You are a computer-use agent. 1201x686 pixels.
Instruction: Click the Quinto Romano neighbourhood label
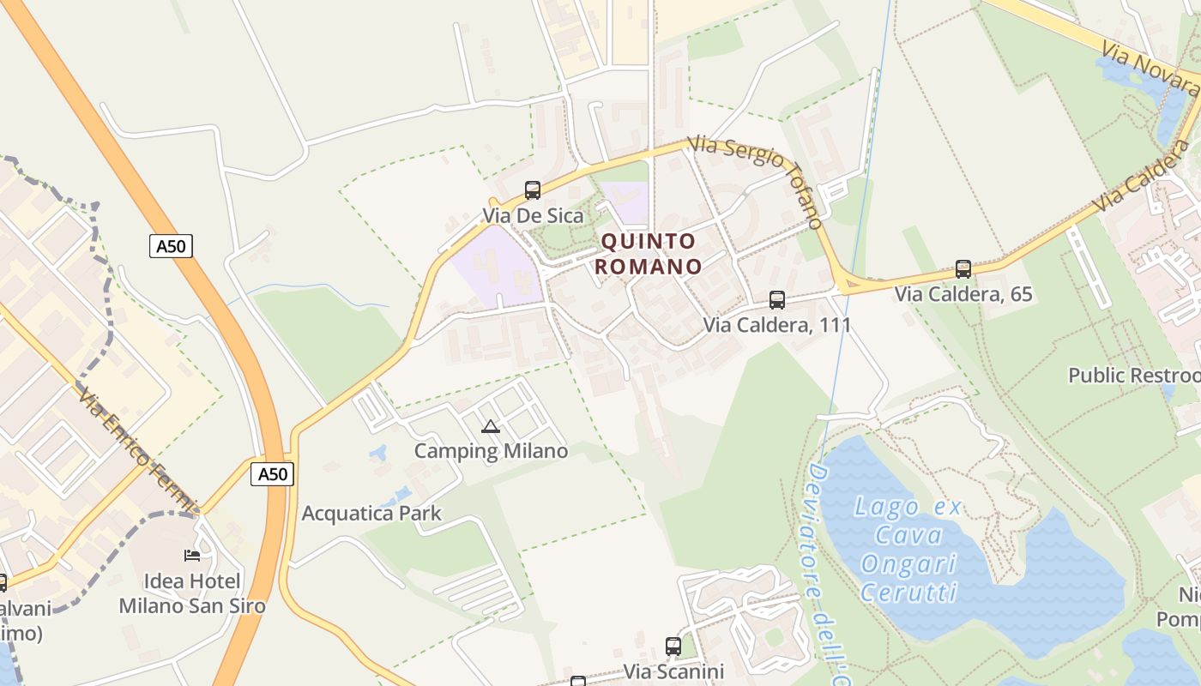tap(649, 254)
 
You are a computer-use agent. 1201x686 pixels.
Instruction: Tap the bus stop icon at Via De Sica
tap(533, 190)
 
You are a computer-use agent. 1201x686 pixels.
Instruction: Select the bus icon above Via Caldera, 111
tap(777, 300)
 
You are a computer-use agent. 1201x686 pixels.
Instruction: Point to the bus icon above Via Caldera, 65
tap(963, 269)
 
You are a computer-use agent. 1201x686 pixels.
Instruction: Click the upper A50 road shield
tap(171, 247)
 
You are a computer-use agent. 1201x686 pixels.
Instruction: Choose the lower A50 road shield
tap(273, 474)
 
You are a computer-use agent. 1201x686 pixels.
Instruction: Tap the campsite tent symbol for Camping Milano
tap(491, 426)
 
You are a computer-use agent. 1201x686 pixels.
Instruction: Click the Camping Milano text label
tap(491, 451)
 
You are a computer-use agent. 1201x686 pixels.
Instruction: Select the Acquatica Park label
tap(371, 514)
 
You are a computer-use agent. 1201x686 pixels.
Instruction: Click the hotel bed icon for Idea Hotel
tap(192, 556)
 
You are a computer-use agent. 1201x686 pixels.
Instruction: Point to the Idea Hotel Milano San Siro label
tap(192, 593)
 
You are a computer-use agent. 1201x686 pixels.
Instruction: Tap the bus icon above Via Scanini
tap(673, 647)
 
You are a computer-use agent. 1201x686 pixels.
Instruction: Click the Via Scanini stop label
tap(673, 671)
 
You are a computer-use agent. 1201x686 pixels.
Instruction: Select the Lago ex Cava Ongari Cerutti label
tap(908, 549)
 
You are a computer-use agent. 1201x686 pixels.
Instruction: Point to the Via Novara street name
tap(1150, 70)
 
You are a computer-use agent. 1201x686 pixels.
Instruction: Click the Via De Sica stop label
tap(533, 215)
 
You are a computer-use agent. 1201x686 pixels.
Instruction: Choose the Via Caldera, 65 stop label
tap(963, 294)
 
